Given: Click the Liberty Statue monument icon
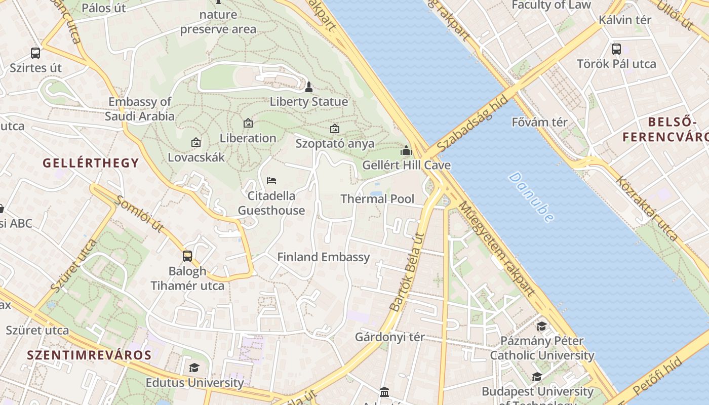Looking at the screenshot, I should tap(309, 87).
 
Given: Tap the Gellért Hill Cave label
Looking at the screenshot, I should tap(406, 165).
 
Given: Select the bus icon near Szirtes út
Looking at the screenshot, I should tap(35, 53).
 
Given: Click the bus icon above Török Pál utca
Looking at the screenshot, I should tap(616, 49).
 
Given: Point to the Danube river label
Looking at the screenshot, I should tap(531, 197).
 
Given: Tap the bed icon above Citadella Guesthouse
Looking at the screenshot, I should tap(271, 181).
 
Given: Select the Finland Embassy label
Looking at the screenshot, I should tap(323, 257).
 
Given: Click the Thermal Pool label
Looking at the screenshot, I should tap(377, 199).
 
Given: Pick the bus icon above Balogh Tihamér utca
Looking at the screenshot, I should tap(187, 256).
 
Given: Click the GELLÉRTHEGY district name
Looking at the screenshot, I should tap(91, 163).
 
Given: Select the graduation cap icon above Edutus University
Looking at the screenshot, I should tap(194, 368).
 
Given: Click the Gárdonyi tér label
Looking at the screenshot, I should tap(390, 337).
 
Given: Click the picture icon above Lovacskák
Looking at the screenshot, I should tap(196, 143).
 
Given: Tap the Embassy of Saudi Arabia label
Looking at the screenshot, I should tap(140, 109).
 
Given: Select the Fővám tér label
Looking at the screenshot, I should tap(539, 122).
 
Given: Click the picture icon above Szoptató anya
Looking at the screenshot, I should tap(334, 129).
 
